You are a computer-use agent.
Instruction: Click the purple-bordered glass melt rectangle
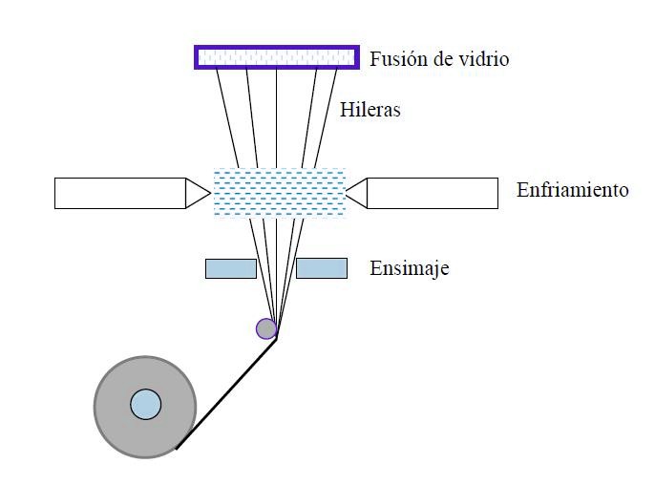(x=277, y=56)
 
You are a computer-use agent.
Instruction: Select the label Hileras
(x=370, y=110)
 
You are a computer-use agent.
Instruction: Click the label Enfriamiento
(x=572, y=189)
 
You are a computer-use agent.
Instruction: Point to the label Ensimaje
(x=409, y=268)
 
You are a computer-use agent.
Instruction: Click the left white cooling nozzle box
(x=119, y=193)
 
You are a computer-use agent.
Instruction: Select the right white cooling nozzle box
(x=432, y=193)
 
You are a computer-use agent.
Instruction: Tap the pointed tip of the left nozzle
(x=208, y=193)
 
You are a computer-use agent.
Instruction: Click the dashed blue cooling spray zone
(x=278, y=193)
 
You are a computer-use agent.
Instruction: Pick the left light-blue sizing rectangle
(x=231, y=268)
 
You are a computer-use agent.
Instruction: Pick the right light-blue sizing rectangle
(x=322, y=268)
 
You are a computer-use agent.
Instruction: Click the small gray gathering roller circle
(x=266, y=328)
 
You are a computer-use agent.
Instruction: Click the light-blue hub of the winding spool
(x=145, y=404)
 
